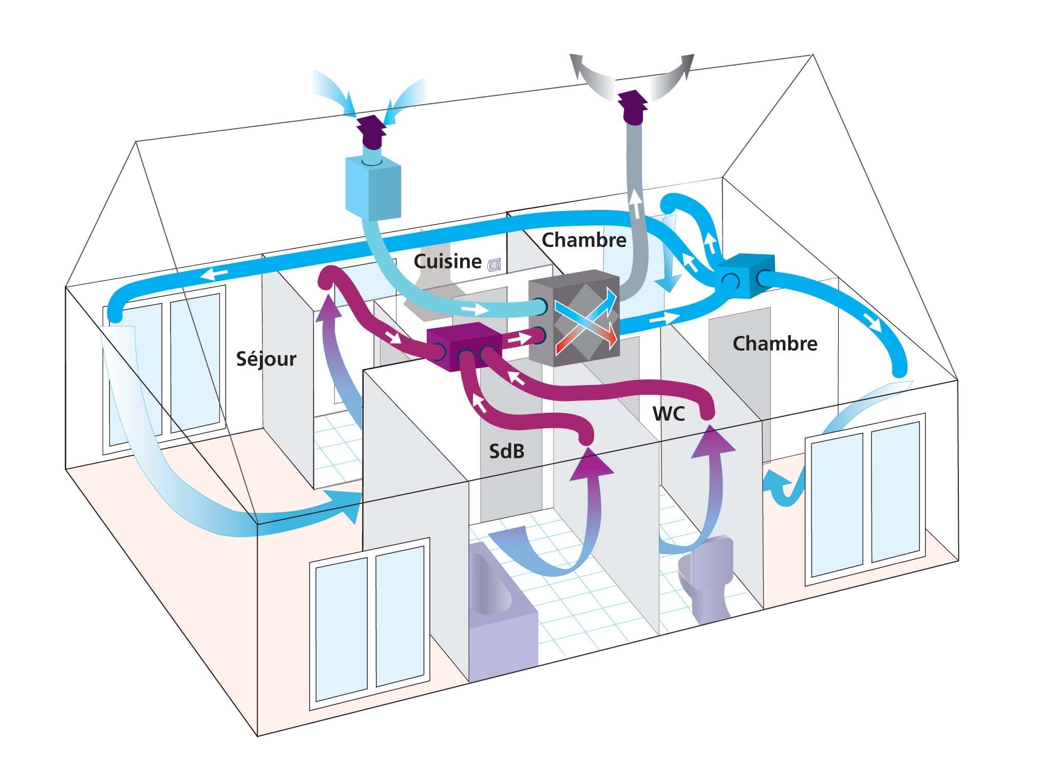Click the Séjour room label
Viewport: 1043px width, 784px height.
266,359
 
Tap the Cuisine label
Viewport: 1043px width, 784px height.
447,262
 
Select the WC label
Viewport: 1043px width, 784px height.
669,414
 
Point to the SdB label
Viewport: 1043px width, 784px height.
506,451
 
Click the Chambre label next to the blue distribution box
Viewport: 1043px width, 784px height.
774,343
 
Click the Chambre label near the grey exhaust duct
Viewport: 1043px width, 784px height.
584,240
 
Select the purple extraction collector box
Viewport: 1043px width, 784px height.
464,347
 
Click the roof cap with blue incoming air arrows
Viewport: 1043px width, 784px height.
372,131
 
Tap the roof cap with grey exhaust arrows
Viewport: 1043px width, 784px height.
633,107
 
